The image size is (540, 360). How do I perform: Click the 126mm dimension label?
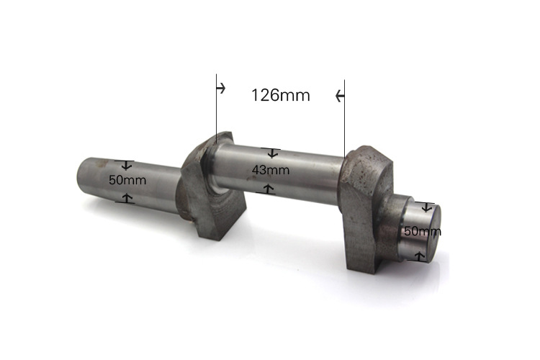281,95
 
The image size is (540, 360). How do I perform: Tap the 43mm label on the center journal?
271,170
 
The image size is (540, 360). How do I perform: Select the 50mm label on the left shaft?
127,180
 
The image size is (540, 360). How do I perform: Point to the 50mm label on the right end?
423,231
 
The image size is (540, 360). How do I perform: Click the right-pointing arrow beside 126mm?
221,88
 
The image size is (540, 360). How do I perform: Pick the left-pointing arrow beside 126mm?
340,96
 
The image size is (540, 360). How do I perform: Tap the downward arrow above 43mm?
272,153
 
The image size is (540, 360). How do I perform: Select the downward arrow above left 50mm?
127,165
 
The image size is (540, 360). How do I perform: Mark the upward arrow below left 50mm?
127,198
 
